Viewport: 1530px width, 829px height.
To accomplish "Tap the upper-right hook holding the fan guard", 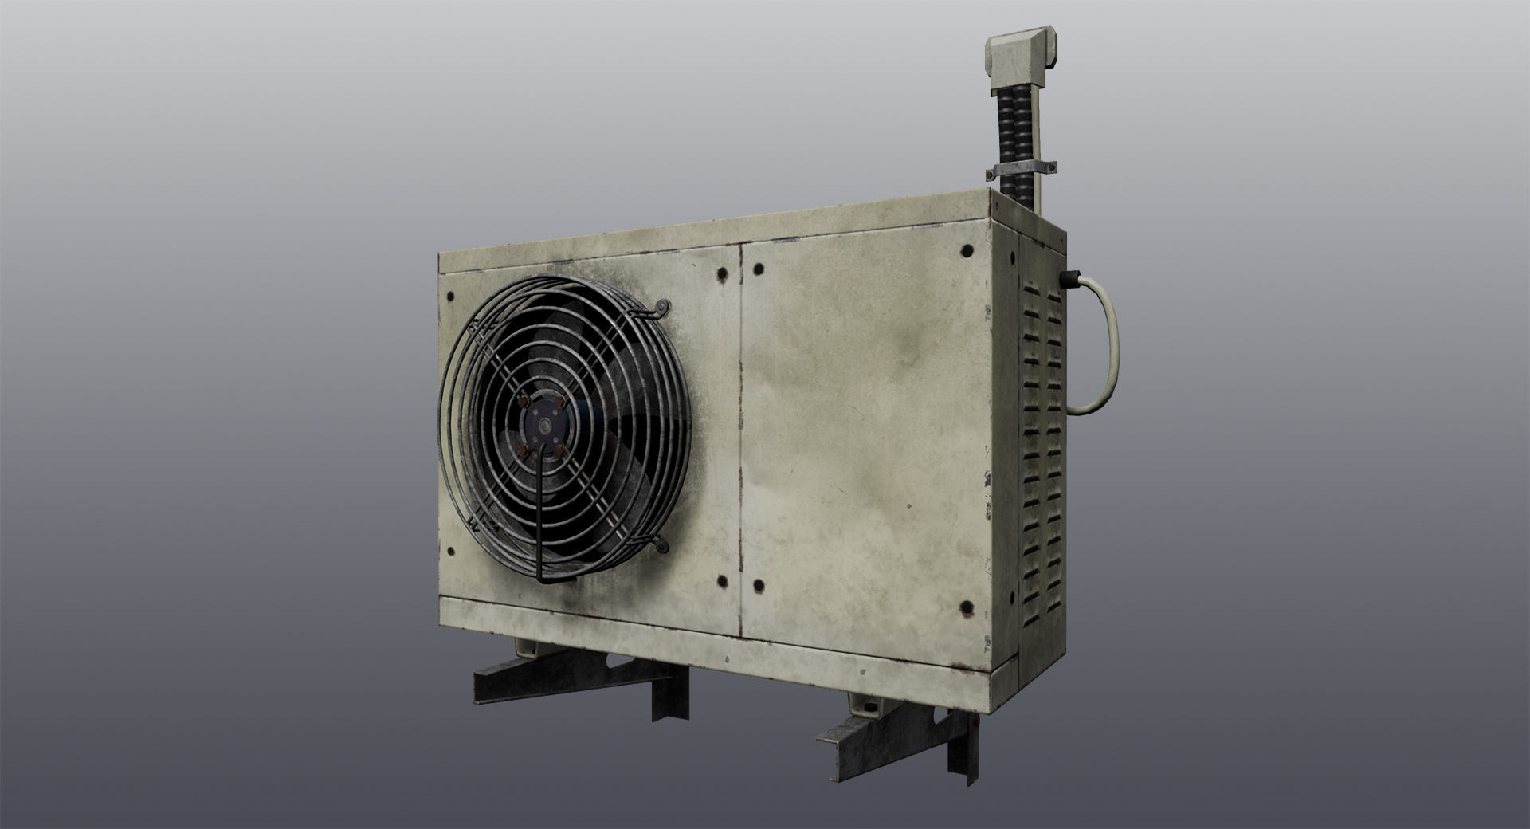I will (661, 308).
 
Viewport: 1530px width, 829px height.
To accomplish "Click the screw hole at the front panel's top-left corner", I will (450, 297).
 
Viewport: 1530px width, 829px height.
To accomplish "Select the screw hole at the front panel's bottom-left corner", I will (450, 550).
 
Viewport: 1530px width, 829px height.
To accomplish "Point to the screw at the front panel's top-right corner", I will (967, 251).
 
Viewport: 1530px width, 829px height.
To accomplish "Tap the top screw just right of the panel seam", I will (757, 269).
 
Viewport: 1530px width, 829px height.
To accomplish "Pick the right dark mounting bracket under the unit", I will (892, 721).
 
